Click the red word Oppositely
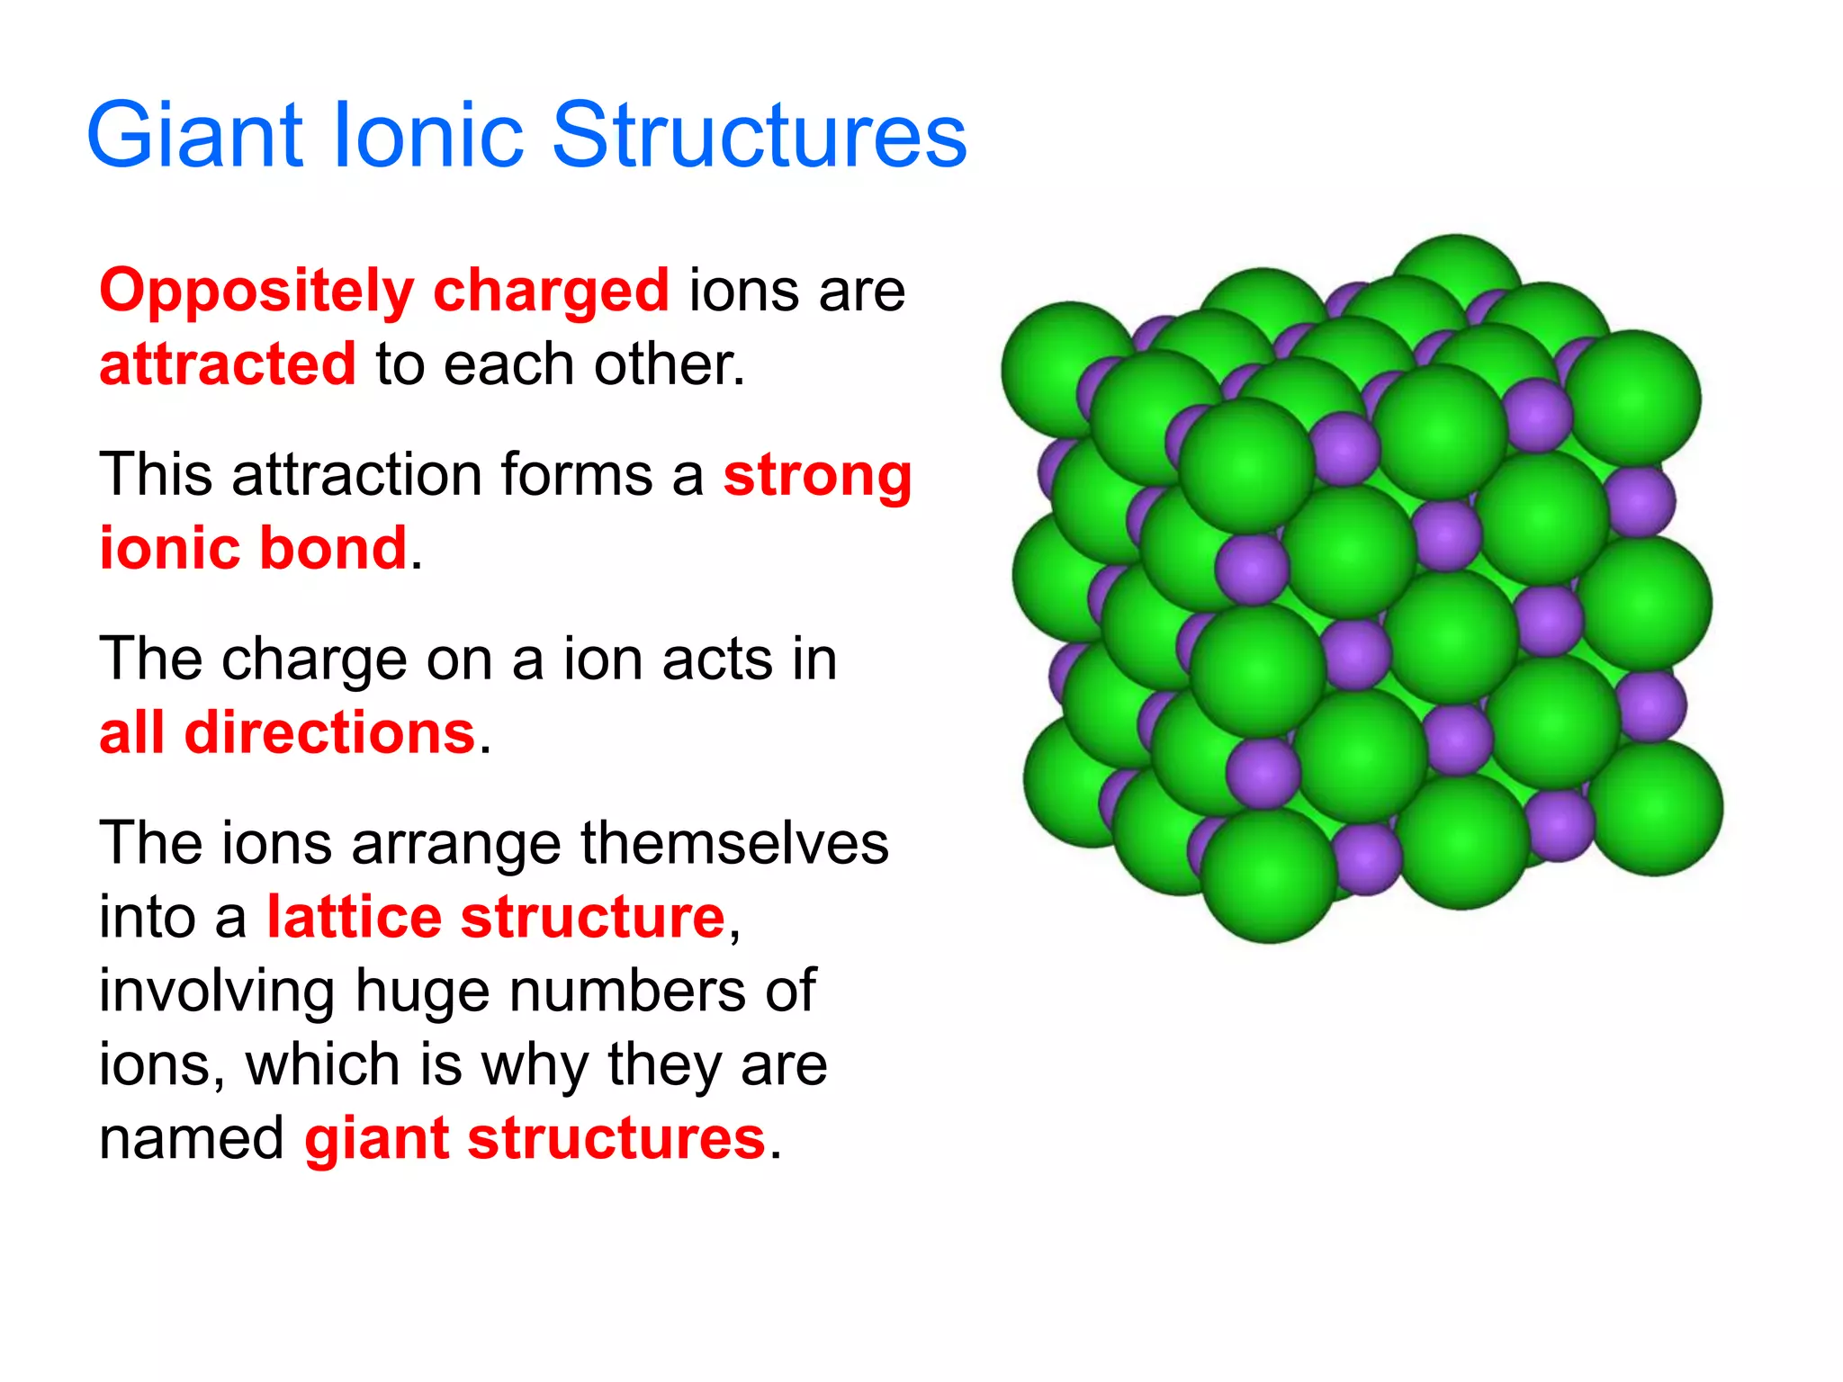click(256, 292)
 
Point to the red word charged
click(551, 291)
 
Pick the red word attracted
click(228, 364)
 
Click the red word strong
click(817, 477)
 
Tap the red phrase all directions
click(286, 732)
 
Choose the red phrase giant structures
click(535, 1138)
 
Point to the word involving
click(216, 992)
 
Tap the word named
click(192, 1138)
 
